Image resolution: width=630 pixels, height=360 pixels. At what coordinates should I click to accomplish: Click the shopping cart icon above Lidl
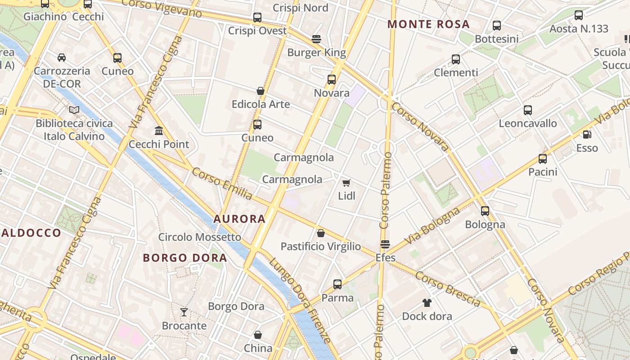[346, 183]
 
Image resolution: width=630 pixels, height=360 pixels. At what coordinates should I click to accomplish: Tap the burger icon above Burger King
[316, 39]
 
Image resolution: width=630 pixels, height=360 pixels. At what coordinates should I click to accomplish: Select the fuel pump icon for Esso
[587, 134]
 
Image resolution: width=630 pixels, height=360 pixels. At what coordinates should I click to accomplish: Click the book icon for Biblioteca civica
[74, 110]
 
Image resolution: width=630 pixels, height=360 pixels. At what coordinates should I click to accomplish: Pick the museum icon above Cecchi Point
[158, 130]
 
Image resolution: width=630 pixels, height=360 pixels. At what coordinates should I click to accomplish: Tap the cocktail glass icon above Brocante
[184, 312]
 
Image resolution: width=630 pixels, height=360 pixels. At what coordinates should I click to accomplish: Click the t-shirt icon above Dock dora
[427, 302]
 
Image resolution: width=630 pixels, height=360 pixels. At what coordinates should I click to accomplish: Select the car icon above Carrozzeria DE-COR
[61, 57]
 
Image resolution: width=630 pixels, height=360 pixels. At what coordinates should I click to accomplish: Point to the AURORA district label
[239, 219]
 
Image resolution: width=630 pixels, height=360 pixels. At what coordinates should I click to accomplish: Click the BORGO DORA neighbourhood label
[185, 258]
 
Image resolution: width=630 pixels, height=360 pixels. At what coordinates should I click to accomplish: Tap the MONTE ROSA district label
[428, 24]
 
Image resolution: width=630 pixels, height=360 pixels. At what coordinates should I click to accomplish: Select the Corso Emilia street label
[222, 184]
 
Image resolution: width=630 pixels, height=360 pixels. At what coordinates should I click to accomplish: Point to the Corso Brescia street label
[448, 288]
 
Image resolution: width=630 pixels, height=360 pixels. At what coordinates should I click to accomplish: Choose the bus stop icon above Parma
[337, 284]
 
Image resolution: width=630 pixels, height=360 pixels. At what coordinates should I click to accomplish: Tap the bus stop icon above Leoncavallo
[527, 110]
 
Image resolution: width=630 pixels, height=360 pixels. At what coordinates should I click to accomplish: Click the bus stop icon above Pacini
[543, 158]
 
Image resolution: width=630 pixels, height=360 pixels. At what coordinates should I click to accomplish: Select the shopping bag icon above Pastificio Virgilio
[321, 233]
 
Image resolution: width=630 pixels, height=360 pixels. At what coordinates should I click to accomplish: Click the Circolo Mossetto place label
[199, 237]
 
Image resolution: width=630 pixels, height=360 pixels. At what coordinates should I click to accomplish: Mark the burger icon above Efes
[385, 244]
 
